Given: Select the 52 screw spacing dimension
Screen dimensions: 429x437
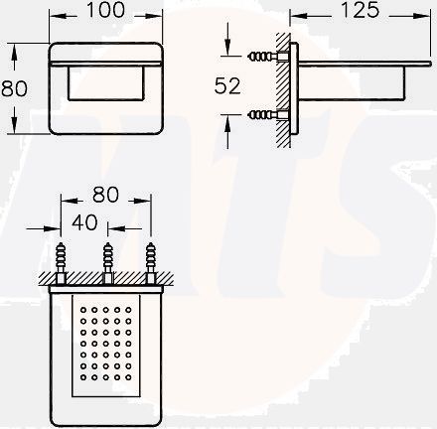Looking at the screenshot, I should [228, 86].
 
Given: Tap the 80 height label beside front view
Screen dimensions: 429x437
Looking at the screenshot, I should [14, 88].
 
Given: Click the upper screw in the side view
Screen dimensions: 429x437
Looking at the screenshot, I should [267, 57].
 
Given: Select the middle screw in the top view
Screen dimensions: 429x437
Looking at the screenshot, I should [106, 255].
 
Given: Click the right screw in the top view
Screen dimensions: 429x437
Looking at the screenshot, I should [151, 255].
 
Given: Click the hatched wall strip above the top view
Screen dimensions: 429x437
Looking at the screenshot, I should [106, 279].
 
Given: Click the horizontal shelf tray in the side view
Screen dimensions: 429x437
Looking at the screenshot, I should [358, 60].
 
